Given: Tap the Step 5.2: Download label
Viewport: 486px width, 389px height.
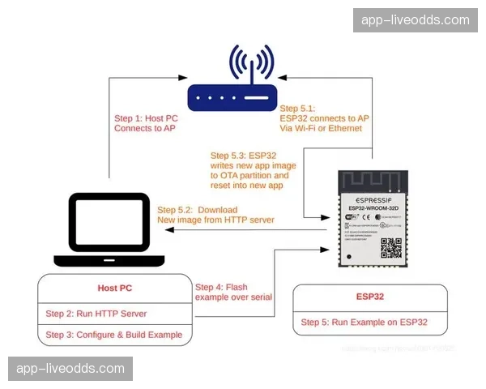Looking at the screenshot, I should [198, 208].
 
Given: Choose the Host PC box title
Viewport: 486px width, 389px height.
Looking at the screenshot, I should [109, 288].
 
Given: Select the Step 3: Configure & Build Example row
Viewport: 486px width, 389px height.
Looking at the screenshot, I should [113, 335].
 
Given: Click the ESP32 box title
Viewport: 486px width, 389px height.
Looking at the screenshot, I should [369, 296].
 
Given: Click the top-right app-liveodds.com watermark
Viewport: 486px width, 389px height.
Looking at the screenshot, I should [415, 19].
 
